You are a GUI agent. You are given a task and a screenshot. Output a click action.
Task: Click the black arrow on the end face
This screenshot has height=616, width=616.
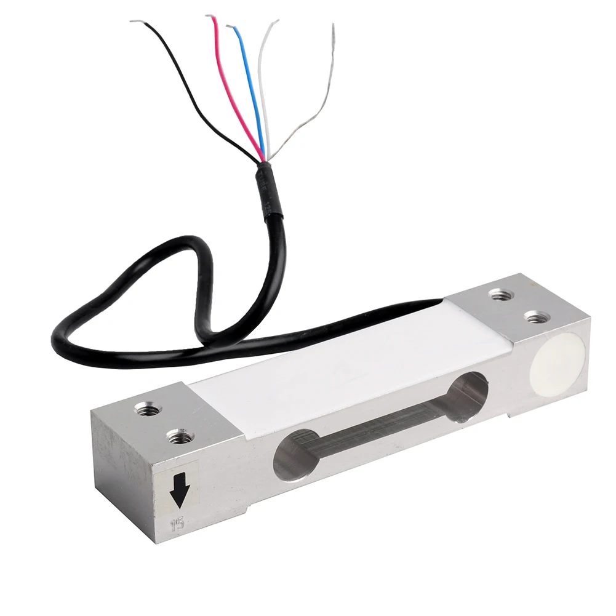tap(179, 489)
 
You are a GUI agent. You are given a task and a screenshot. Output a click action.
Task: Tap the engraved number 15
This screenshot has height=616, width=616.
tap(178, 524)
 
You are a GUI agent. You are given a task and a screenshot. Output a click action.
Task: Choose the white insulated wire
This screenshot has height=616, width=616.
tap(263, 86)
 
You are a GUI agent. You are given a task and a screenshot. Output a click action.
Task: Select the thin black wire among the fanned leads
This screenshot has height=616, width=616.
tap(191, 92)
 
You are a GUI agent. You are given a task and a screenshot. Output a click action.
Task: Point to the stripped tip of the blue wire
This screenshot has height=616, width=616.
tap(230, 26)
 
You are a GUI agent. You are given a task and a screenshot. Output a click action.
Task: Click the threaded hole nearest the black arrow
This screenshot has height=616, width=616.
tap(180, 437)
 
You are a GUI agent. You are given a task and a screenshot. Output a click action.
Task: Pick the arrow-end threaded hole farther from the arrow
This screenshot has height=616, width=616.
tap(146, 409)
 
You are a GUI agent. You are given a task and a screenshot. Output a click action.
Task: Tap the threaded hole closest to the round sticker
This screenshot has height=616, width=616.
tap(537, 318)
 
